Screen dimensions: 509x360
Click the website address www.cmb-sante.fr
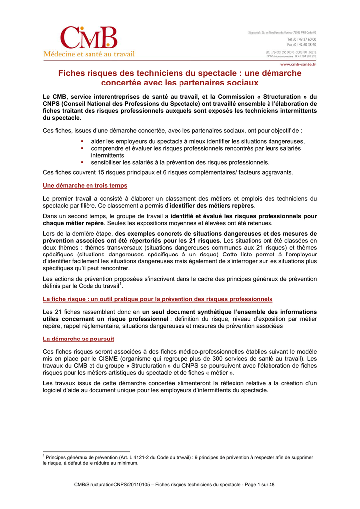[298, 64]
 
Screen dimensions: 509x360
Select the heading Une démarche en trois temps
[85, 186]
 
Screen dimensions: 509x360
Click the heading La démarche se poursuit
[79, 339]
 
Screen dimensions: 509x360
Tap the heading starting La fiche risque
[158, 299]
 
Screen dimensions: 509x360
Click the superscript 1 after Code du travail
[121, 284]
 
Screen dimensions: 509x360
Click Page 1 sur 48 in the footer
[254, 484]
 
